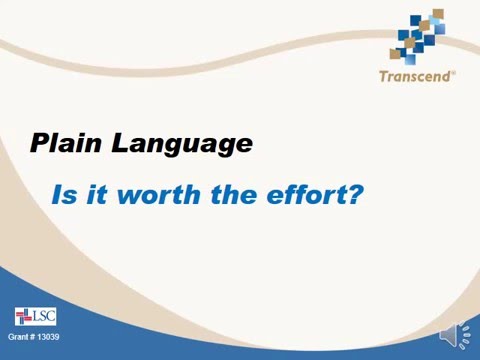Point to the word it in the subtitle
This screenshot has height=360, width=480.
pos(92,194)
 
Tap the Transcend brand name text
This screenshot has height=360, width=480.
pos(415,75)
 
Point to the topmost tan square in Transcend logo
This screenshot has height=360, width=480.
pos(438,14)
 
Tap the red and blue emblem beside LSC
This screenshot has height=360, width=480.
pos(24,317)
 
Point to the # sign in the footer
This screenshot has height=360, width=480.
pos(35,337)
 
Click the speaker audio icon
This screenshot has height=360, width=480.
pos(453,336)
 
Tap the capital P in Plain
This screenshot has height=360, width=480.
pos(39,143)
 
